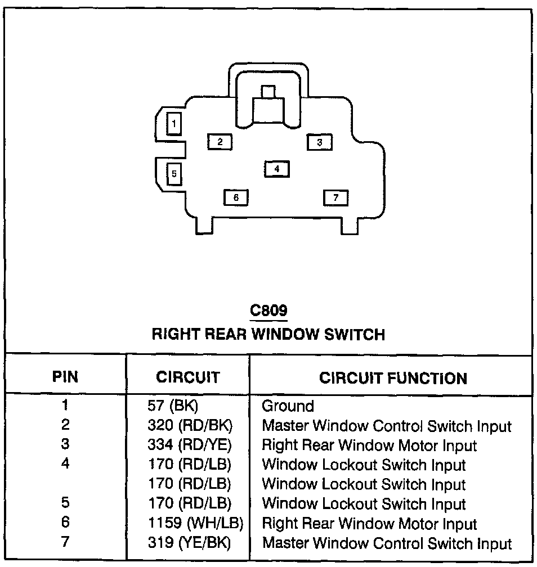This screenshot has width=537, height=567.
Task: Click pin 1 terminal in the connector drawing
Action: pyautogui.click(x=174, y=123)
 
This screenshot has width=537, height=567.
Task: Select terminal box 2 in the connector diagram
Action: pyautogui.click(x=220, y=142)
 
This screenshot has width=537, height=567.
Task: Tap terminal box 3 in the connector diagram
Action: pyautogui.click(x=319, y=142)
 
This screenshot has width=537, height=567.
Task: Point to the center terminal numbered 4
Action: pyautogui.click(x=277, y=168)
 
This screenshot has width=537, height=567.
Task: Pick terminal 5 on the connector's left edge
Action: pyautogui.click(x=174, y=173)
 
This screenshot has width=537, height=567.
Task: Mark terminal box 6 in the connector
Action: pyautogui.click(x=236, y=197)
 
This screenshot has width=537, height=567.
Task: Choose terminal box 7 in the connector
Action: pyautogui.click(x=335, y=197)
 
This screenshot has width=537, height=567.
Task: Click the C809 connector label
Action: pyautogui.click(x=268, y=310)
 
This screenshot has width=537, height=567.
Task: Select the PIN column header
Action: pyautogui.click(x=65, y=377)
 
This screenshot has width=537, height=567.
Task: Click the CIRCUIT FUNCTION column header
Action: pyautogui.click(x=393, y=378)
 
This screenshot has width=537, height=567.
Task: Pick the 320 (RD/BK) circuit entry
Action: pyautogui.click(x=189, y=426)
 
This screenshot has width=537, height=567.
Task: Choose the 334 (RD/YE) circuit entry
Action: pyautogui.click(x=189, y=445)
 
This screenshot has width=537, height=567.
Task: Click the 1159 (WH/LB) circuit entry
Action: pyautogui.click(x=195, y=524)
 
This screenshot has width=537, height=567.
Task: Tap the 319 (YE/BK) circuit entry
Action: pyautogui.click(x=189, y=543)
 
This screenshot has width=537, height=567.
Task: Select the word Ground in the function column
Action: pyautogui.click(x=288, y=406)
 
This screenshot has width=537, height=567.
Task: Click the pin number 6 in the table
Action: pyautogui.click(x=65, y=523)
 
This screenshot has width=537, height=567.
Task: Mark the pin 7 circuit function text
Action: pyautogui.click(x=387, y=543)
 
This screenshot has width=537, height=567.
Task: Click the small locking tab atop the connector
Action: pyautogui.click(x=268, y=92)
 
